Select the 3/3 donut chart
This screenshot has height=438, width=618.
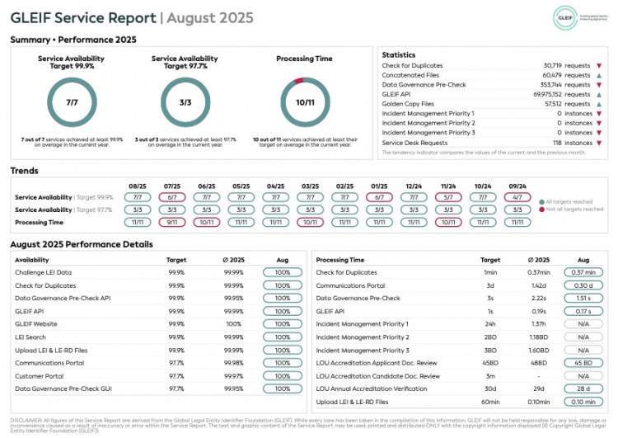[185, 102]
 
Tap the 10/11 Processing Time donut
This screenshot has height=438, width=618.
[305, 102]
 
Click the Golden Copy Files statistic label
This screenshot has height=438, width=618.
[409, 104]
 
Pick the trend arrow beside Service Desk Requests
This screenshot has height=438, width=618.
[599, 143]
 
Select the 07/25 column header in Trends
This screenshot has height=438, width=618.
[172, 186]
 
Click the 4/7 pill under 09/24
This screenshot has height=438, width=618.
[518, 198]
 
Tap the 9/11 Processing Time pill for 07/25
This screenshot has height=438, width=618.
[172, 222]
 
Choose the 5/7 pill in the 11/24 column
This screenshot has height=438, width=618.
[449, 198]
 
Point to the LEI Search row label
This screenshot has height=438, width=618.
[31, 337]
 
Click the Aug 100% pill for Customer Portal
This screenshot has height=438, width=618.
[282, 375]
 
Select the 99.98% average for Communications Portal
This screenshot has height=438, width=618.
[233, 362]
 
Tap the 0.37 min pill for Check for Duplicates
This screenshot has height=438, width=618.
[583, 272]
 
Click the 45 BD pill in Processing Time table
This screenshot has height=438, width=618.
[583, 362]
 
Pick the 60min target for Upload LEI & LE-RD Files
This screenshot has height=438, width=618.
[490, 402]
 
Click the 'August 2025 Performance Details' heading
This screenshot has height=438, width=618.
[82, 244]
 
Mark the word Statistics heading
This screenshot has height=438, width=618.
[398, 54]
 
